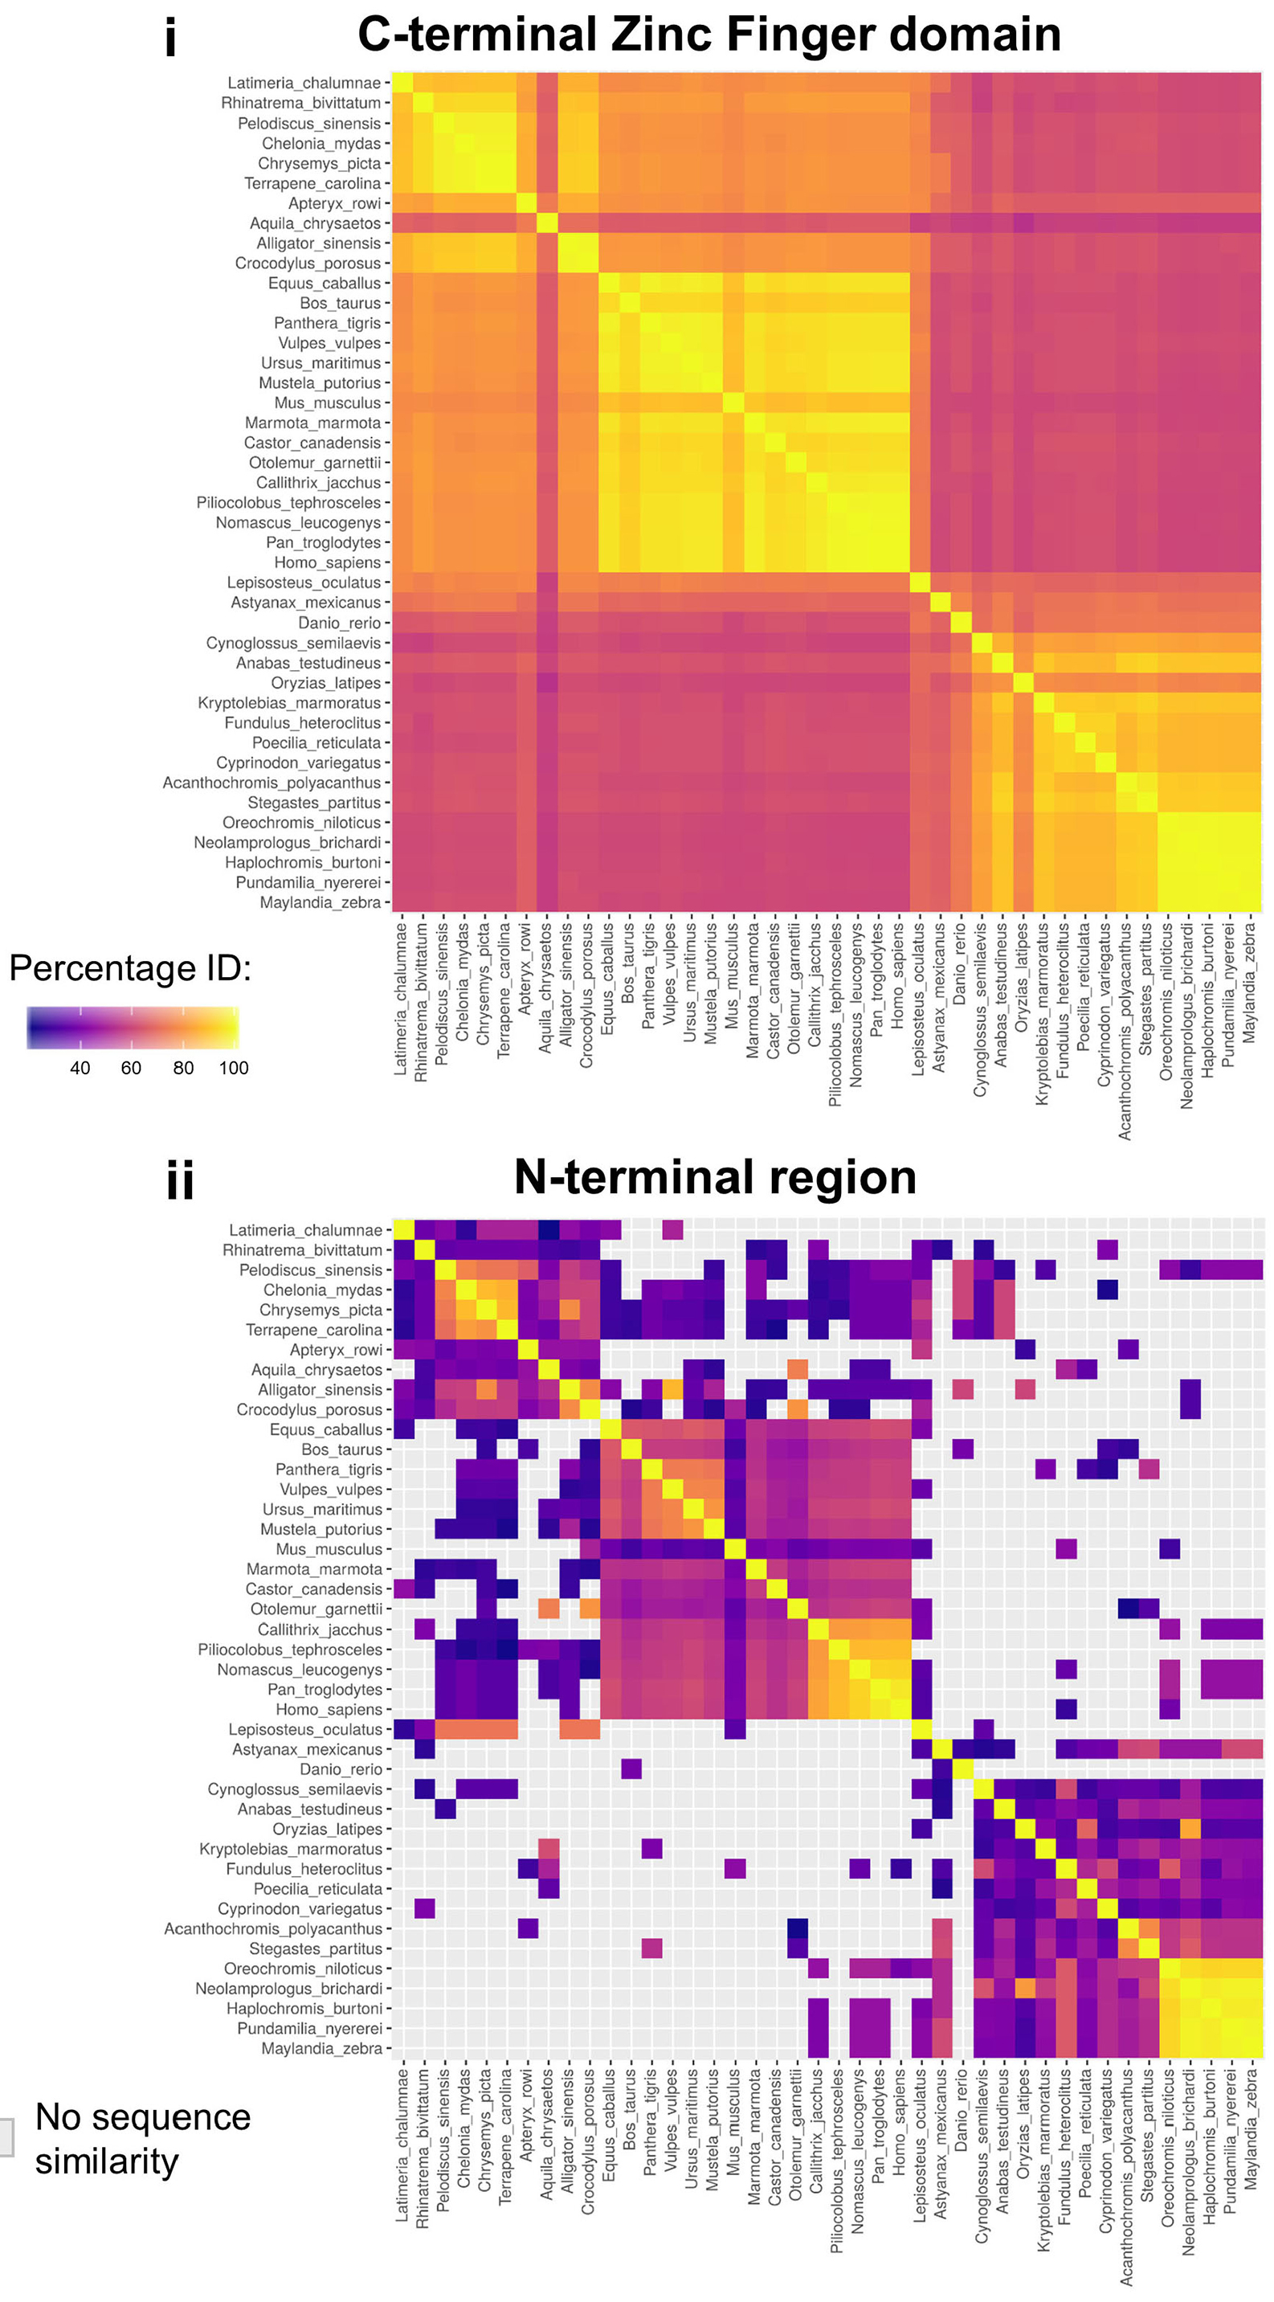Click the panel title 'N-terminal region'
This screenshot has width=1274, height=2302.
coord(715,1177)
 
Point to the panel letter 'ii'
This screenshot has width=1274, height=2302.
coord(180,1180)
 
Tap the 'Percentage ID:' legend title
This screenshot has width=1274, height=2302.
coord(130,969)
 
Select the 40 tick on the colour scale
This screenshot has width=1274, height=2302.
coord(80,1068)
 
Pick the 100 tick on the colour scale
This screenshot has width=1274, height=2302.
coord(234,1068)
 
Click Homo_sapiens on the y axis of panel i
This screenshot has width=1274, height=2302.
coord(328,563)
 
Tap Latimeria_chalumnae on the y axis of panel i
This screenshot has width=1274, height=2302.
coord(304,83)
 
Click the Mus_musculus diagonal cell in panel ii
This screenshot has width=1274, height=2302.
coord(734,1548)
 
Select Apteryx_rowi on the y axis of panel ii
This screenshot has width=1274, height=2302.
coord(335,1349)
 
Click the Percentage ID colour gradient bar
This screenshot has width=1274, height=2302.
coord(133,1028)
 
